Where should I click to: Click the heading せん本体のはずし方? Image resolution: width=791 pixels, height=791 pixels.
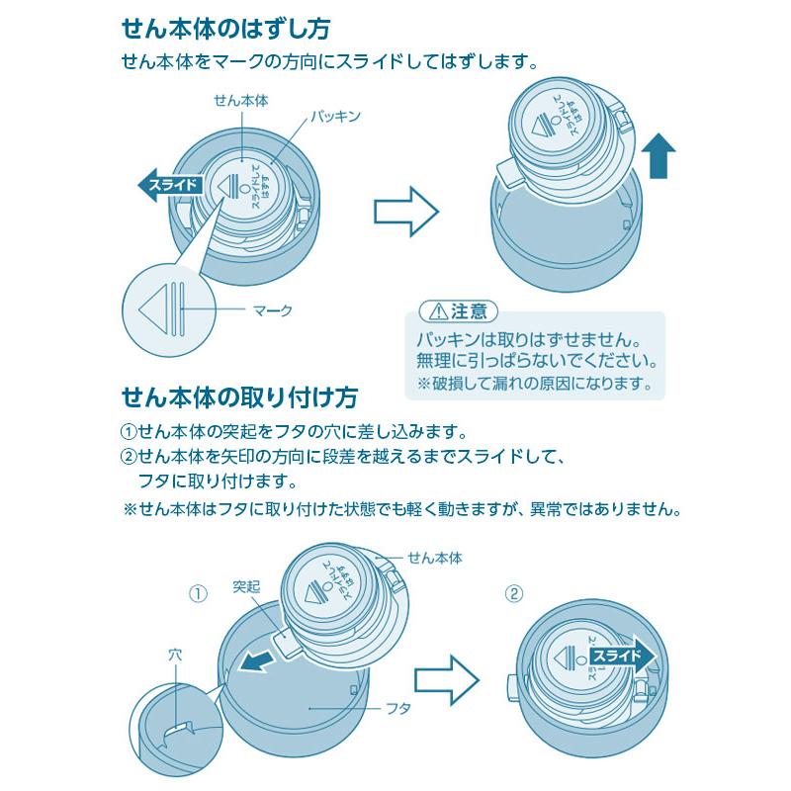point(225,28)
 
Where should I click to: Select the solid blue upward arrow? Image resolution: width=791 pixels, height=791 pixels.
point(658,159)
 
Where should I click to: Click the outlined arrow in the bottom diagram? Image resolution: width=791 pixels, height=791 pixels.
point(445,678)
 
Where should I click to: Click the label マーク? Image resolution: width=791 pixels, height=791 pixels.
point(274,310)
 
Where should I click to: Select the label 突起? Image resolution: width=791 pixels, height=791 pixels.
point(246,586)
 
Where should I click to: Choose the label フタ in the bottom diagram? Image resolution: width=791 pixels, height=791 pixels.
point(395,709)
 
